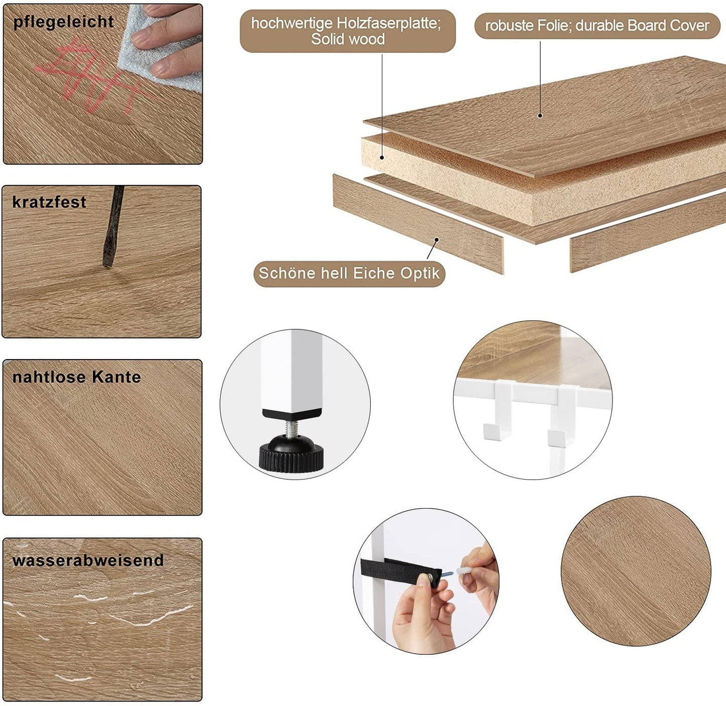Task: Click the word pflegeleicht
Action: point(63,22)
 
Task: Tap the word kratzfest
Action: point(49,202)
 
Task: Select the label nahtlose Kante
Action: point(77,377)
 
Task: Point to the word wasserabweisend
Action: point(88,560)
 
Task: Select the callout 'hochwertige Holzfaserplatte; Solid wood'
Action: point(347,31)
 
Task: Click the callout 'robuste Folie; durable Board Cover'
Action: point(597,26)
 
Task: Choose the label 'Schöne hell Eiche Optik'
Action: point(349,273)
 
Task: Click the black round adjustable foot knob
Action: point(291,453)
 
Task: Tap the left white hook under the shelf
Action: point(498,410)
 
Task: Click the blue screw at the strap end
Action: point(448,574)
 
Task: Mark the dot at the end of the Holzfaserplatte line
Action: point(382,158)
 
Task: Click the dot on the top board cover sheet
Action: point(540,115)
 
